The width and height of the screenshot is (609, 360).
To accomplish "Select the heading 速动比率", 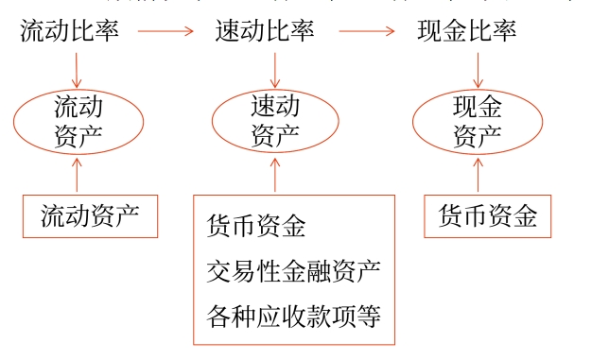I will click(x=265, y=30).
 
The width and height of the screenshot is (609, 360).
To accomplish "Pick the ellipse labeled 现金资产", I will click(x=478, y=121).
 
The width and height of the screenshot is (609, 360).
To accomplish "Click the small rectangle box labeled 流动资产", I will click(x=90, y=216).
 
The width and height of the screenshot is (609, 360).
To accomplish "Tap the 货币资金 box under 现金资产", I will click(x=488, y=216).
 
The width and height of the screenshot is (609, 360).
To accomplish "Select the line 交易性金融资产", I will click(x=293, y=271).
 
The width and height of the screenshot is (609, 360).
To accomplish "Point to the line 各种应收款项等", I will click(x=293, y=315).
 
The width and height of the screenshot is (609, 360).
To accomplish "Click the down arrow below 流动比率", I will click(x=77, y=68).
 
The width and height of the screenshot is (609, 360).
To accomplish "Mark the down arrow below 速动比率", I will click(x=275, y=68).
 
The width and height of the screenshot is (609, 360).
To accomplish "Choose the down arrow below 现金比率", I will click(x=478, y=68).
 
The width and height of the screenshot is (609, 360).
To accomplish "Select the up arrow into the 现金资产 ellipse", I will click(x=478, y=176).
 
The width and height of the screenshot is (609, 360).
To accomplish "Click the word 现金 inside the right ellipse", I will click(x=478, y=106).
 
